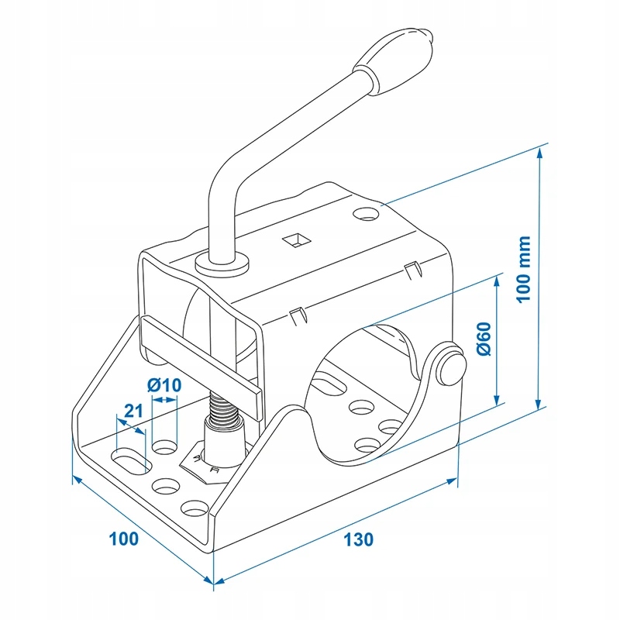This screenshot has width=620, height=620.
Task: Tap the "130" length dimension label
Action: coord(360,538)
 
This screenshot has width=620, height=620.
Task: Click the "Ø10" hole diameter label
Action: coord(163,384)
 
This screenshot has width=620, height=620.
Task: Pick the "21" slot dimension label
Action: coord(133,412)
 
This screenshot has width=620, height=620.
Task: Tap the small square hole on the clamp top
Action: coord(294,239)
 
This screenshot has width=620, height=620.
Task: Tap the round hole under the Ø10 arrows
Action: coord(164,447)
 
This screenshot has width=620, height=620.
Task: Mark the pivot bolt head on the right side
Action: coord(449,363)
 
